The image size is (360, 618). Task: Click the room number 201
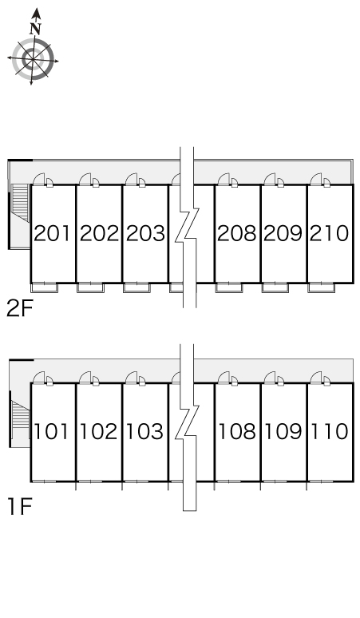53,233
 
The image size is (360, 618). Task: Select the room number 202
99,233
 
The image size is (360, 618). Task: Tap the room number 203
145,233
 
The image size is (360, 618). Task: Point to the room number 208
237,233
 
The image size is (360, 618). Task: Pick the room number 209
283,233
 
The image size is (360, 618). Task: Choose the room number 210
330,233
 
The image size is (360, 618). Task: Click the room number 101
52,431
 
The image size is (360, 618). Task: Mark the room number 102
98,431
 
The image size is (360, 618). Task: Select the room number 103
144,431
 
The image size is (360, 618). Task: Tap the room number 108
236,431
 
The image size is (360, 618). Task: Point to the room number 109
283,431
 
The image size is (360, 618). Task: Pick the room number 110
330,431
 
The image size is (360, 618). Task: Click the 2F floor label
19,308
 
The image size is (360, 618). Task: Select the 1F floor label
19,506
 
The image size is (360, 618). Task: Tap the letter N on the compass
36,29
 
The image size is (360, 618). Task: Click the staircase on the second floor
22,203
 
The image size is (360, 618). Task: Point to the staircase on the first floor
21,419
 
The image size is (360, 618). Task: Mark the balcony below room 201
45,287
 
